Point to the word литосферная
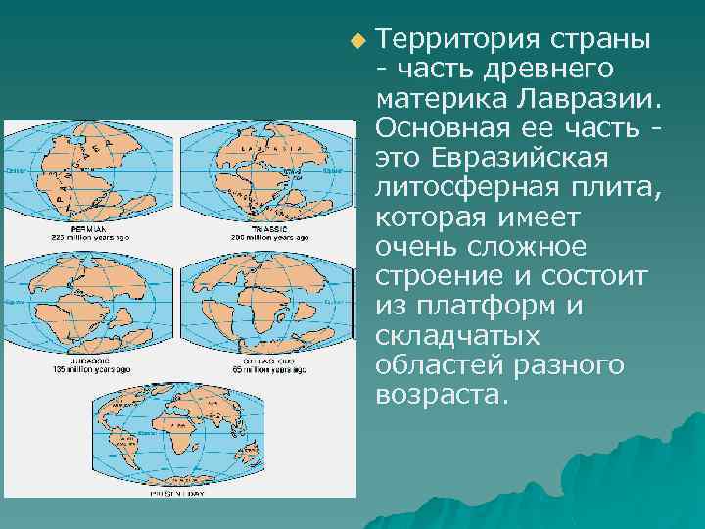pyautogui.click(x=447, y=187)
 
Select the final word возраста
pyautogui.click(x=442, y=395)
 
